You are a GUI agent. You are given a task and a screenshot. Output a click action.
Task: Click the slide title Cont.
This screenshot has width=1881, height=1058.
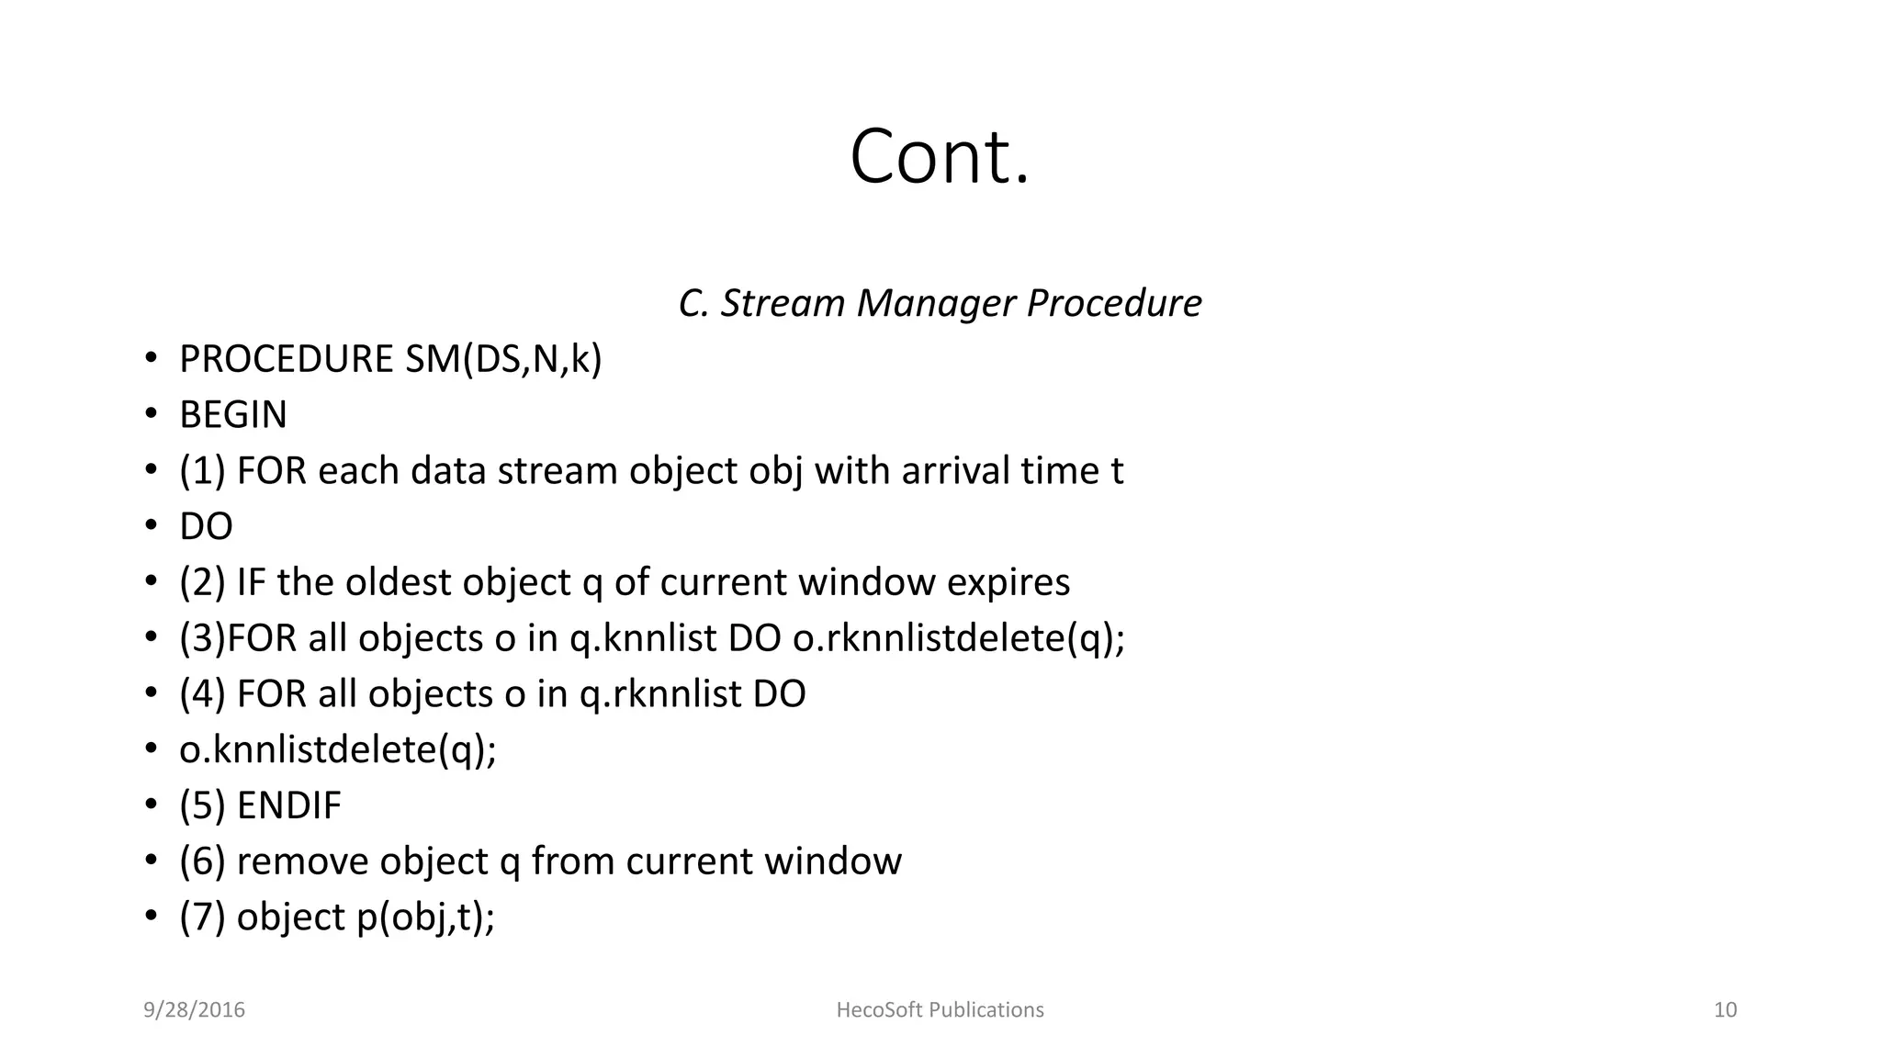[940, 157]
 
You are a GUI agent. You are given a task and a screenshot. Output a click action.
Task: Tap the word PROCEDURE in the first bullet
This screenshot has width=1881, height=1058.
[287, 359]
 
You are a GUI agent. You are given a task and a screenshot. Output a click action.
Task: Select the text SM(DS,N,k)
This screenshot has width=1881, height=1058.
[503, 359]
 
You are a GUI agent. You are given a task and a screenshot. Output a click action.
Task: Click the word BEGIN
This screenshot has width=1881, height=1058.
[233, 415]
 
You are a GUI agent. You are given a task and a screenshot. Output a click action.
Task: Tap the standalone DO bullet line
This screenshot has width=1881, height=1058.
[206, 527]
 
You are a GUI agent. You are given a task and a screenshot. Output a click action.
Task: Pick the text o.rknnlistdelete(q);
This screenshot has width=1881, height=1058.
[959, 638]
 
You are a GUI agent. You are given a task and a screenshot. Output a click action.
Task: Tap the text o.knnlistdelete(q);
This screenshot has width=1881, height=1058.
[338, 750]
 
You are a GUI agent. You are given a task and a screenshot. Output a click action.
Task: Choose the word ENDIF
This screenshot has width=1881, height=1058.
[288, 805]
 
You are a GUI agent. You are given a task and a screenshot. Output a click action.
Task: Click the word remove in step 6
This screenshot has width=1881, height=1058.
[302, 861]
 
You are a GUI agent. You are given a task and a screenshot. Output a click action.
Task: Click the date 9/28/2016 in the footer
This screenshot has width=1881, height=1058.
[194, 1010]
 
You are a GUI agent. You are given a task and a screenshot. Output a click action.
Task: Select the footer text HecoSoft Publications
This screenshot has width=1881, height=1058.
[940, 1010]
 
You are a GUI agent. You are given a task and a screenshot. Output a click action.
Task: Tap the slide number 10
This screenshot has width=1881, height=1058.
[1725, 1010]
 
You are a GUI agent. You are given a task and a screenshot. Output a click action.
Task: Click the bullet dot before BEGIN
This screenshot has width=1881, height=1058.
[151, 415]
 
